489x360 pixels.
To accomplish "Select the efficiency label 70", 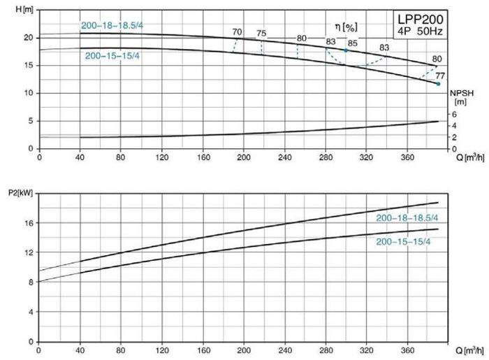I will point(238,32).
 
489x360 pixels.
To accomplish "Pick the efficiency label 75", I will point(261,33).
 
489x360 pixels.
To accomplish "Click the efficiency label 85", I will point(353,43).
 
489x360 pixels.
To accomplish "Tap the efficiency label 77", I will point(439,75).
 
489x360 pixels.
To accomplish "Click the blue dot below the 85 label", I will point(345,50).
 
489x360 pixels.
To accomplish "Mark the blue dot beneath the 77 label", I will point(439,84).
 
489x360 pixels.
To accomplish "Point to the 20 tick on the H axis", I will point(29,37).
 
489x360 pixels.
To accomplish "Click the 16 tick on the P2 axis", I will point(29,223).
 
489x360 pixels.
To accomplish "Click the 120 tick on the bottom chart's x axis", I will point(161,350).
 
